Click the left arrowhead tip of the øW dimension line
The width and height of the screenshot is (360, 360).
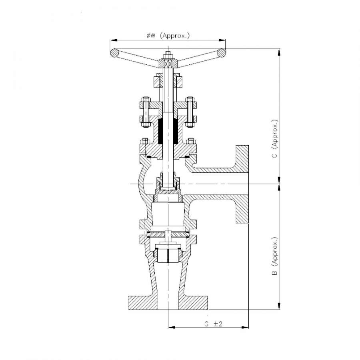point(110,40)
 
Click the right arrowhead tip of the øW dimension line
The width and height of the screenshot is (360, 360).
point(226,40)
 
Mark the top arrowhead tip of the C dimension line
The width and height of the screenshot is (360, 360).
point(279,49)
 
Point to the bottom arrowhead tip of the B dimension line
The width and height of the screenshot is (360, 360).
point(279,310)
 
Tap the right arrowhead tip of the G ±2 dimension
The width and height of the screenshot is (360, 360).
point(248,327)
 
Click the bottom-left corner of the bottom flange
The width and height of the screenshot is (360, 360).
point(128,310)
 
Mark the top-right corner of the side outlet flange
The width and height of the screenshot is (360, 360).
point(248,145)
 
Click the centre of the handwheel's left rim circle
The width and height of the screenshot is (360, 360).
point(114,53)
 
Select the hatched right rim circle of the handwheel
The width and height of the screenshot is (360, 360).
point(222,53)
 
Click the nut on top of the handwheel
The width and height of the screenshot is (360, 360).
point(168,55)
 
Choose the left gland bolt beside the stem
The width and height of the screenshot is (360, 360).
point(146,112)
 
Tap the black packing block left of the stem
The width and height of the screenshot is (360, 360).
point(161,131)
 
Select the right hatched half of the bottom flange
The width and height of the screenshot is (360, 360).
point(193,303)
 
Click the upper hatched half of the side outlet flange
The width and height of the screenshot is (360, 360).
point(242,159)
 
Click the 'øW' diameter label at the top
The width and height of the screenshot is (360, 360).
point(151,36)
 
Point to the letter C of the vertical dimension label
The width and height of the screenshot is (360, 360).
point(274,156)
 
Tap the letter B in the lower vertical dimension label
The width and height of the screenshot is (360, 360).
point(274,273)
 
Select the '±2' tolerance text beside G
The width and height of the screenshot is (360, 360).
point(218,324)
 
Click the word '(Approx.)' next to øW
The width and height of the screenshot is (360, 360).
point(175,36)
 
